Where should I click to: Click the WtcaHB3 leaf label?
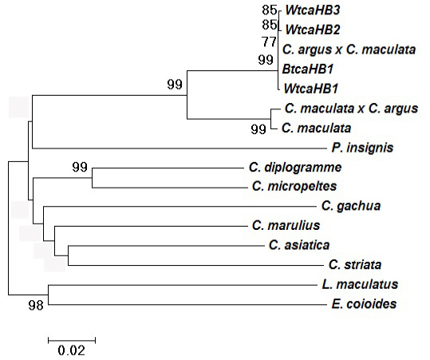point(313,10)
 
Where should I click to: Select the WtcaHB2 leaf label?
point(313,30)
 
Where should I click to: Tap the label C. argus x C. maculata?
point(349,49)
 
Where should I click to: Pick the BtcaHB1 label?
point(307,69)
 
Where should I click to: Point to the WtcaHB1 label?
point(310,89)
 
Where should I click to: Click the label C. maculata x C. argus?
point(351,109)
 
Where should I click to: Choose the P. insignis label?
point(362,148)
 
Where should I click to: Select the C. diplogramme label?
point(295,168)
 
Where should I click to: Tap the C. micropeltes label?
point(294,187)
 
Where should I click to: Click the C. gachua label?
point(351,206)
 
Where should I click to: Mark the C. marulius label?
point(286,226)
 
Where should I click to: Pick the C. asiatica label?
point(299,245)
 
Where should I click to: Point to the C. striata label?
point(355,265)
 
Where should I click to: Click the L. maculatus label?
point(360,284)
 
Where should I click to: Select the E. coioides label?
point(364,304)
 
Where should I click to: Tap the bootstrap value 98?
point(36,305)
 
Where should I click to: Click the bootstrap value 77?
point(269,42)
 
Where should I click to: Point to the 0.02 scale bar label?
point(72,350)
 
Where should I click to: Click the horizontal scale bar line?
point(72,341)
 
